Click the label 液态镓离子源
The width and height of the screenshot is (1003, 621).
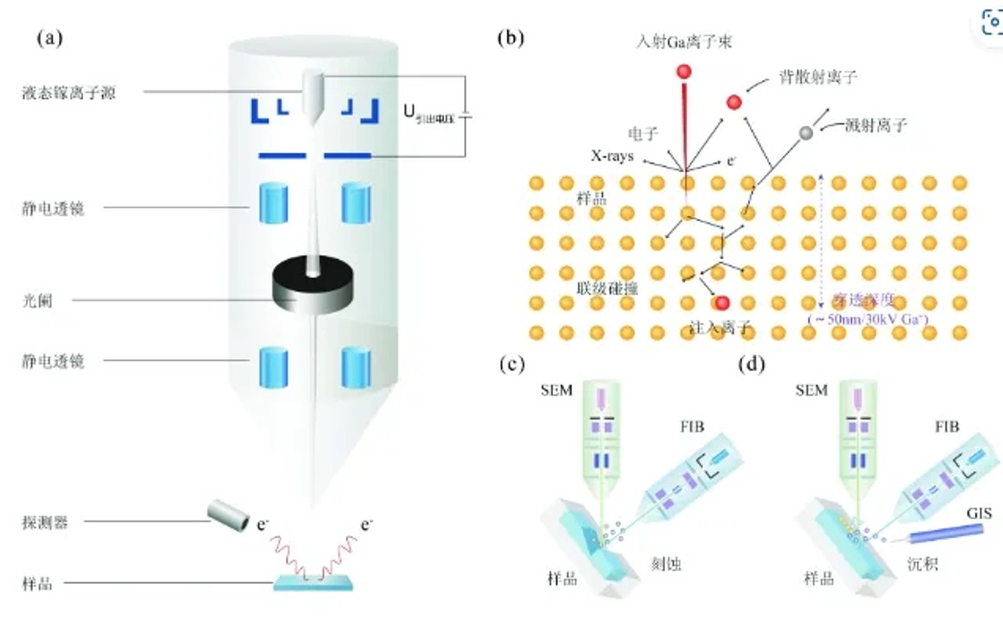point(70,93)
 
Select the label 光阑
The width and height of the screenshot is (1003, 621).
point(34,299)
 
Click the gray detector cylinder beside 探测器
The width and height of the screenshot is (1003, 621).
point(228,514)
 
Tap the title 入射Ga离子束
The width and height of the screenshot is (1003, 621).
point(684,41)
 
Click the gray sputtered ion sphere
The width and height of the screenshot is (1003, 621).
point(806,132)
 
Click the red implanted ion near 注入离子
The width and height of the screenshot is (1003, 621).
point(721,304)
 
